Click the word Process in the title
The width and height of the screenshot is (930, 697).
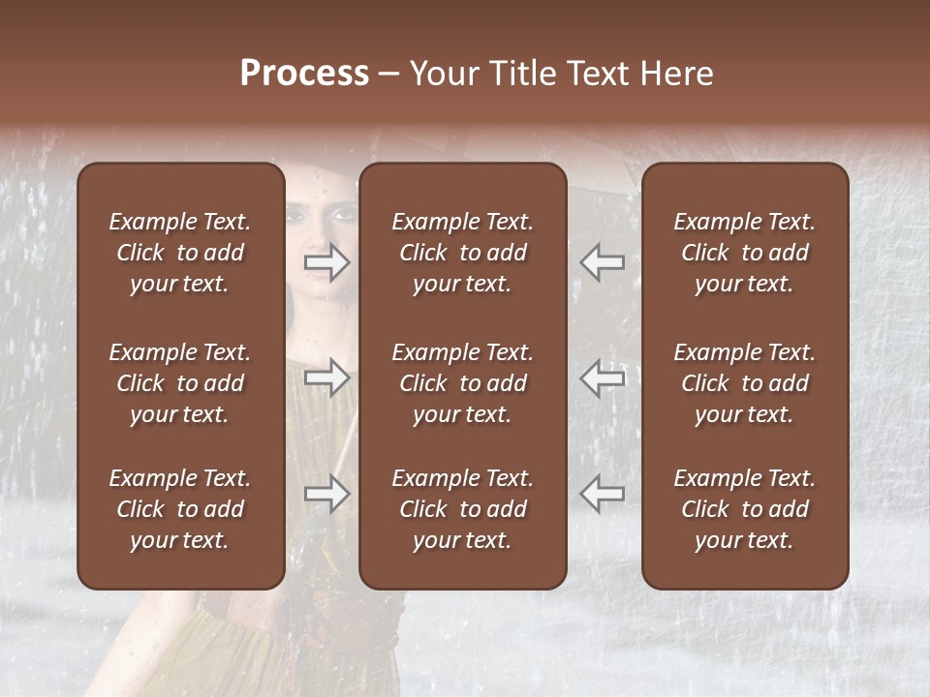pyautogui.click(x=304, y=74)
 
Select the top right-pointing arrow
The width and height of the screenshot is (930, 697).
pyautogui.click(x=327, y=262)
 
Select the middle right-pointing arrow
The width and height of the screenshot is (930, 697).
pyautogui.click(x=327, y=377)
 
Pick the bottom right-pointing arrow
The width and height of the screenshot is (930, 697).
pyautogui.click(x=327, y=493)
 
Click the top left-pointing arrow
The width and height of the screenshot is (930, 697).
pyautogui.click(x=602, y=262)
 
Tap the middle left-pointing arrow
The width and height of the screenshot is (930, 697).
pyautogui.click(x=602, y=377)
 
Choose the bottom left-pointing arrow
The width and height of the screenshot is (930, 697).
pyautogui.click(x=602, y=493)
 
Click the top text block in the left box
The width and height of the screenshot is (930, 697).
pyautogui.click(x=180, y=253)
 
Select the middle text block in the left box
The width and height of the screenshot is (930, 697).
pyautogui.click(x=180, y=383)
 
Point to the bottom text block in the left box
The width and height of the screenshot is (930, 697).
pyautogui.click(x=180, y=509)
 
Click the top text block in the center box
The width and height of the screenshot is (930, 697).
pyautogui.click(x=462, y=253)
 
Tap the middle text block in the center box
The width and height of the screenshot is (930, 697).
pyautogui.click(x=462, y=383)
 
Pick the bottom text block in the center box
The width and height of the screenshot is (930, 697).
pyautogui.click(x=462, y=509)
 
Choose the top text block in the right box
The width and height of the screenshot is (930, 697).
pyautogui.click(x=744, y=253)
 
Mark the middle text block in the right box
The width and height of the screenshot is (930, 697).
pyautogui.click(x=744, y=383)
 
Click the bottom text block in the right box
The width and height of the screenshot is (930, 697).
pyautogui.click(x=744, y=509)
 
